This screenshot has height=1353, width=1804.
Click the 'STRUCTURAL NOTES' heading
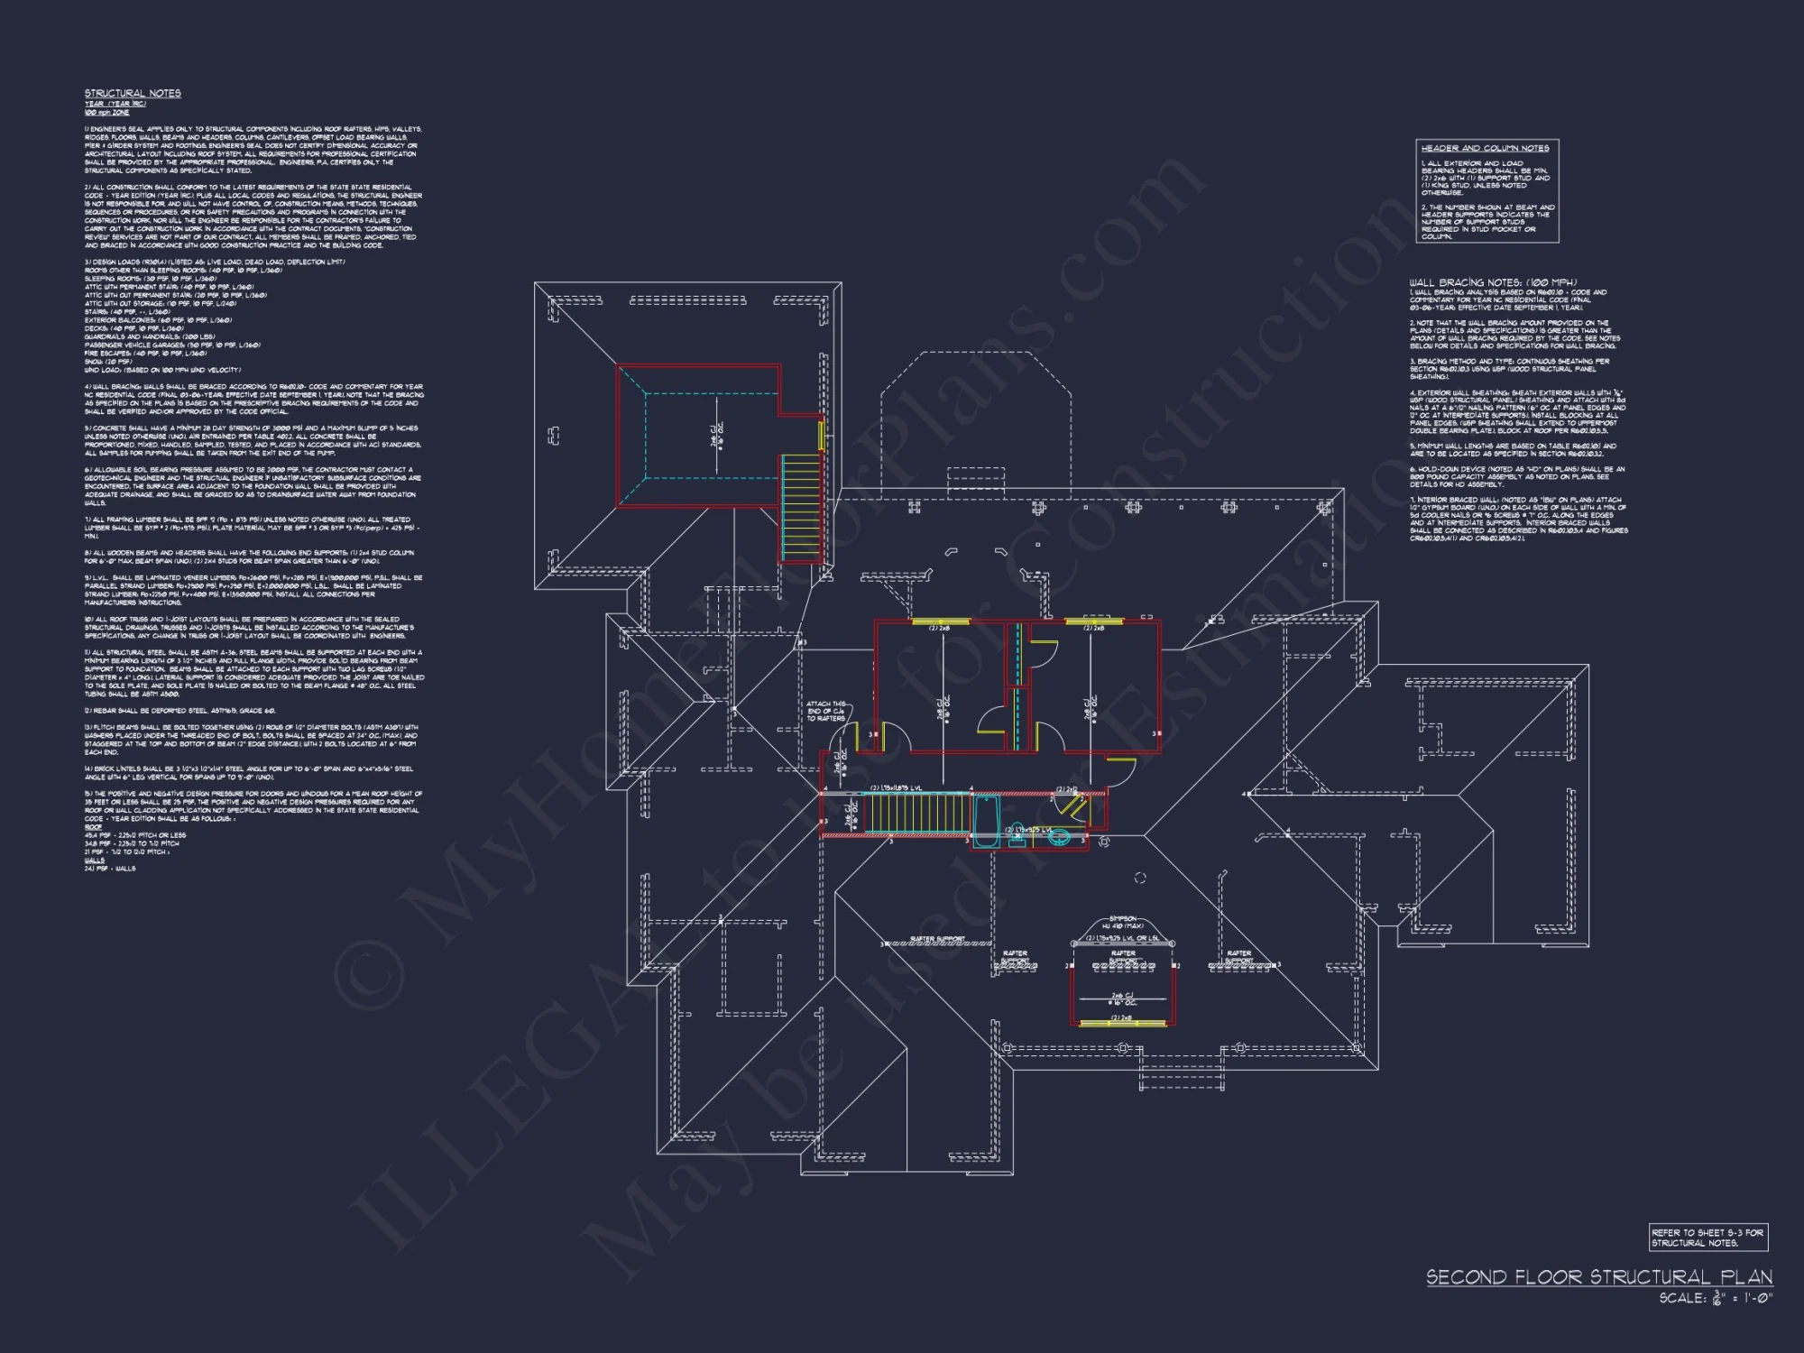(x=133, y=93)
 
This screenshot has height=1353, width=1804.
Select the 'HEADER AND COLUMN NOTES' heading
(x=1485, y=148)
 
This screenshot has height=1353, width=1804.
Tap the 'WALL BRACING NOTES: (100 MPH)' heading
(x=1493, y=282)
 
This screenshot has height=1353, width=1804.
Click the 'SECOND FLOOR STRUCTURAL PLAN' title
(x=1598, y=1277)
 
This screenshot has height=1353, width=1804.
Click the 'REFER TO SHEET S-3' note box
(x=1707, y=1238)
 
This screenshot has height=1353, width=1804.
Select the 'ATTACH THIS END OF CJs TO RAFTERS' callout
(x=825, y=711)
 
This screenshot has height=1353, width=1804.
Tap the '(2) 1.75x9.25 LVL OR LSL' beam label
(x=1123, y=939)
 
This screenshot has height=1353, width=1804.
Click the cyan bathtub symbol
(x=986, y=823)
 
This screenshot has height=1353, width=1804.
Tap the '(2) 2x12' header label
(x=1066, y=789)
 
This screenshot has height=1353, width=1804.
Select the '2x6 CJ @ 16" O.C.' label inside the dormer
(x=1123, y=1000)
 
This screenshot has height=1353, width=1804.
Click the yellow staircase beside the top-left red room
(x=801, y=510)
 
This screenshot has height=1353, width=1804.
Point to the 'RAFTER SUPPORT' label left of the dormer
(x=1015, y=956)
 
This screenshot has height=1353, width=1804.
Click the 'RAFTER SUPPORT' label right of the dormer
(x=1238, y=956)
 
